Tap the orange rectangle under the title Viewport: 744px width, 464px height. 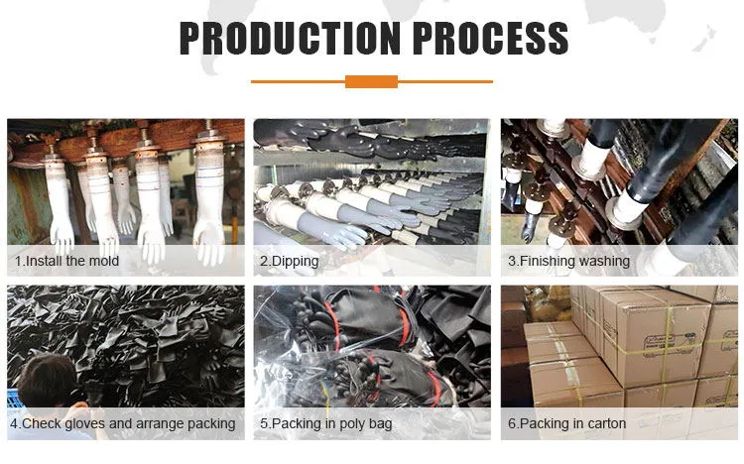pos(371,81)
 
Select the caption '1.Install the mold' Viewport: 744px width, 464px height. pos(66,262)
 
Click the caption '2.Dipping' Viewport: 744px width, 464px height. pos(289,262)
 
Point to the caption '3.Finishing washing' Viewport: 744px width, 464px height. pos(568,262)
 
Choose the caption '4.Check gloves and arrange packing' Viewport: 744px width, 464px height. pos(123,424)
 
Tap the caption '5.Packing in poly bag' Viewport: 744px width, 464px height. pos(325,424)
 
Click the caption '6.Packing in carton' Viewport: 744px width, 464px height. pos(566,424)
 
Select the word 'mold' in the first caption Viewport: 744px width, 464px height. pos(102,262)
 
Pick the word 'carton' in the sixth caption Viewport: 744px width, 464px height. pos(604,424)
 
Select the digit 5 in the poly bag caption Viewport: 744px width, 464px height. pos(264,424)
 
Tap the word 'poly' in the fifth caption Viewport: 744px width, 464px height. pos(351,424)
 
